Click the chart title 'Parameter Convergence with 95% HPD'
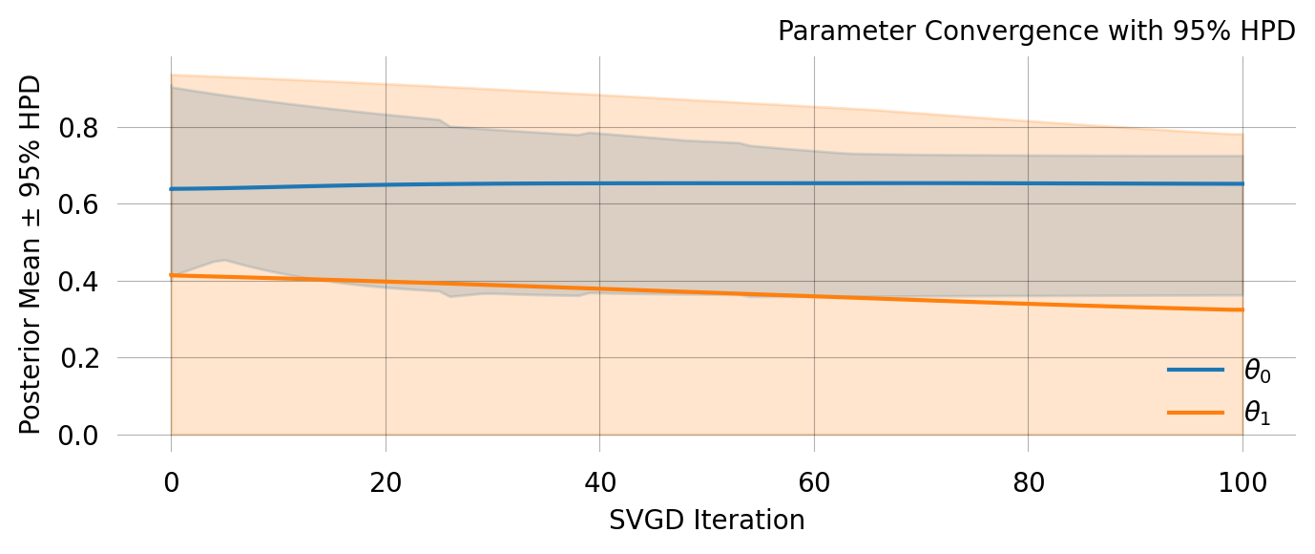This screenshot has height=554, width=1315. click(x=1035, y=32)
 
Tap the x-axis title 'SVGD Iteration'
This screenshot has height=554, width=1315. click(x=706, y=521)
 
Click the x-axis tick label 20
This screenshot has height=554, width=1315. click(x=385, y=483)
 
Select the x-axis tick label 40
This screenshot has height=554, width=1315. click(x=599, y=483)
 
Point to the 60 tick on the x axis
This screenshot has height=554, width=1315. click(x=813, y=483)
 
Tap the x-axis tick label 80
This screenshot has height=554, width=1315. click(x=1028, y=483)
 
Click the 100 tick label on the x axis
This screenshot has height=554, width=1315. click(x=1242, y=483)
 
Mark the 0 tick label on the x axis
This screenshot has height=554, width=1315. click(x=171, y=483)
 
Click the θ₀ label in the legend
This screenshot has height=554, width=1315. click(x=1257, y=371)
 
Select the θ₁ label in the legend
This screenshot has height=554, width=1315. click(x=1257, y=413)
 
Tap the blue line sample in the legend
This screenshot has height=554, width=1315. click(x=1195, y=370)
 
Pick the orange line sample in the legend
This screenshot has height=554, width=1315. click(x=1195, y=413)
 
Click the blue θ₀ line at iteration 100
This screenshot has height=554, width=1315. click(x=1242, y=183)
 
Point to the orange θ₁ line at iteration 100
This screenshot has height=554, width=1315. click(x=1242, y=309)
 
